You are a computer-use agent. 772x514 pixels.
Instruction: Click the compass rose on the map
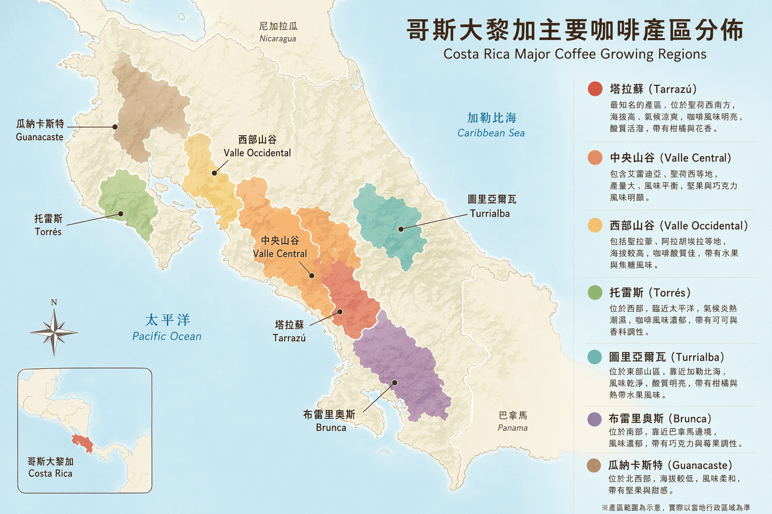[54, 332]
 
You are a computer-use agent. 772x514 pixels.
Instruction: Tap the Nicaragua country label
[278, 32]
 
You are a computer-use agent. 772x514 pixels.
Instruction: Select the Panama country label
[513, 421]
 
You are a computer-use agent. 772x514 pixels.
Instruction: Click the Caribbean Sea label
[491, 125]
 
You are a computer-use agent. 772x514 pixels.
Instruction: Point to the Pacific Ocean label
[167, 328]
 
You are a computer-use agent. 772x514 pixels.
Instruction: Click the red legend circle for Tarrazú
[595, 89]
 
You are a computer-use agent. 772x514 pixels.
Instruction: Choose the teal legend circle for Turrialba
[595, 357]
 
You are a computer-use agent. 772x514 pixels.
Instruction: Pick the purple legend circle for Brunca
[595, 419]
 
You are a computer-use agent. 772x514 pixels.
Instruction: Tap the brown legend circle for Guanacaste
[594, 465]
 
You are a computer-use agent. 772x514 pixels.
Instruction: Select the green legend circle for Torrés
[595, 292]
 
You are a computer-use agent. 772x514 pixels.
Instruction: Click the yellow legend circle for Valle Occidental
[595, 225]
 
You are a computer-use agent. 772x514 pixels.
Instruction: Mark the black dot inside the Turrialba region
[401, 229]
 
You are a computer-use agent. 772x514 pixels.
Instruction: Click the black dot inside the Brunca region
[395, 382]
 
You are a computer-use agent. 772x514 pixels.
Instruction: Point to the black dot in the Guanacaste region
[115, 127]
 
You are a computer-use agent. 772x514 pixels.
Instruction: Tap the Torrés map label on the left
[48, 225]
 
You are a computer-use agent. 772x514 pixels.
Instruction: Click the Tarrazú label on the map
[289, 331]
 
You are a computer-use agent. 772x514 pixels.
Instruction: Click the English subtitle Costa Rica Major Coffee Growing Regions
[574, 54]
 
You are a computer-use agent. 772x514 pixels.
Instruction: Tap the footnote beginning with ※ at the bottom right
[675, 508]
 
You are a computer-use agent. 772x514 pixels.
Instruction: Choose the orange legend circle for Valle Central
[595, 158]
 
